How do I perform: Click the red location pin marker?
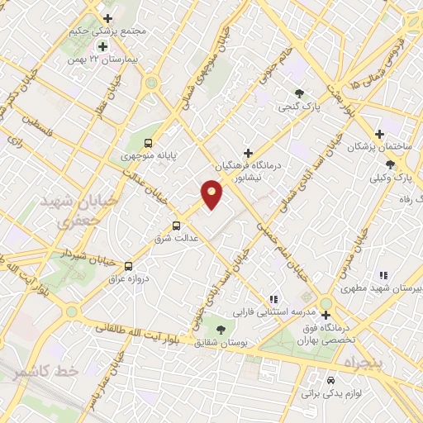[x=211, y=194]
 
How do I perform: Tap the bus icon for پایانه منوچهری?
[x=148, y=142]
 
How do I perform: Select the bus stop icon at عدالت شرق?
[x=176, y=226]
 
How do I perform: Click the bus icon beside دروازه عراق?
[x=128, y=266]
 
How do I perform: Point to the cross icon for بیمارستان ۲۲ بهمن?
[x=102, y=47]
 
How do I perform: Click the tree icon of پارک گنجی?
[x=299, y=93]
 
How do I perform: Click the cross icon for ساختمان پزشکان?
[x=379, y=134]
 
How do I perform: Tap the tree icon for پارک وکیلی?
[x=390, y=164]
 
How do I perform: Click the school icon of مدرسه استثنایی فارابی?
[x=273, y=299]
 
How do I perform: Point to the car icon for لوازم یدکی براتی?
[x=330, y=381]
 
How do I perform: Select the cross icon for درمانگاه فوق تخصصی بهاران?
[x=326, y=315]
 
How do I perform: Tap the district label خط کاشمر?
[x=45, y=373]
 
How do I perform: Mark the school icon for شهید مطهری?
[x=382, y=275]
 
